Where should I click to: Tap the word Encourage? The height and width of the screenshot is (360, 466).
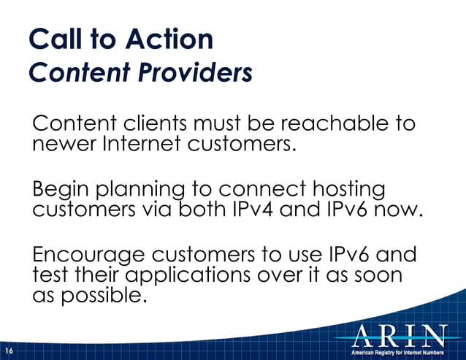pyautogui.click(x=89, y=258)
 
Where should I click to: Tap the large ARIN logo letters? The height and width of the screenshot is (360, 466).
pyautogui.click(x=399, y=335)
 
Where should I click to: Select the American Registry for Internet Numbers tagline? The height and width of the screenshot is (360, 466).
pyautogui.click(x=397, y=352)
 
